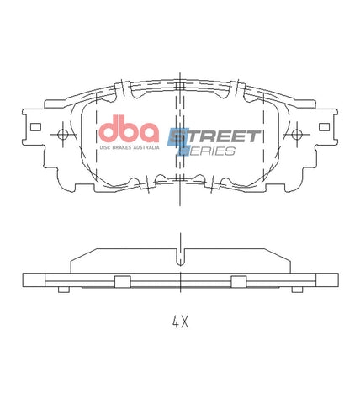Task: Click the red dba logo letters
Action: [129, 129]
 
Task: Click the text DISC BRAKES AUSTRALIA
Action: [130, 147]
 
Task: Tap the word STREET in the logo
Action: [214, 136]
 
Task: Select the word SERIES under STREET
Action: [207, 151]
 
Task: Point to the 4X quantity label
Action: [180, 322]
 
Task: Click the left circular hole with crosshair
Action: [62, 134]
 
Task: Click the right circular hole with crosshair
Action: [297, 134]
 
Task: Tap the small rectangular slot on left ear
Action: [35, 127]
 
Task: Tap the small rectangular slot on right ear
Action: [324, 127]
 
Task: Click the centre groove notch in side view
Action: [180, 257]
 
